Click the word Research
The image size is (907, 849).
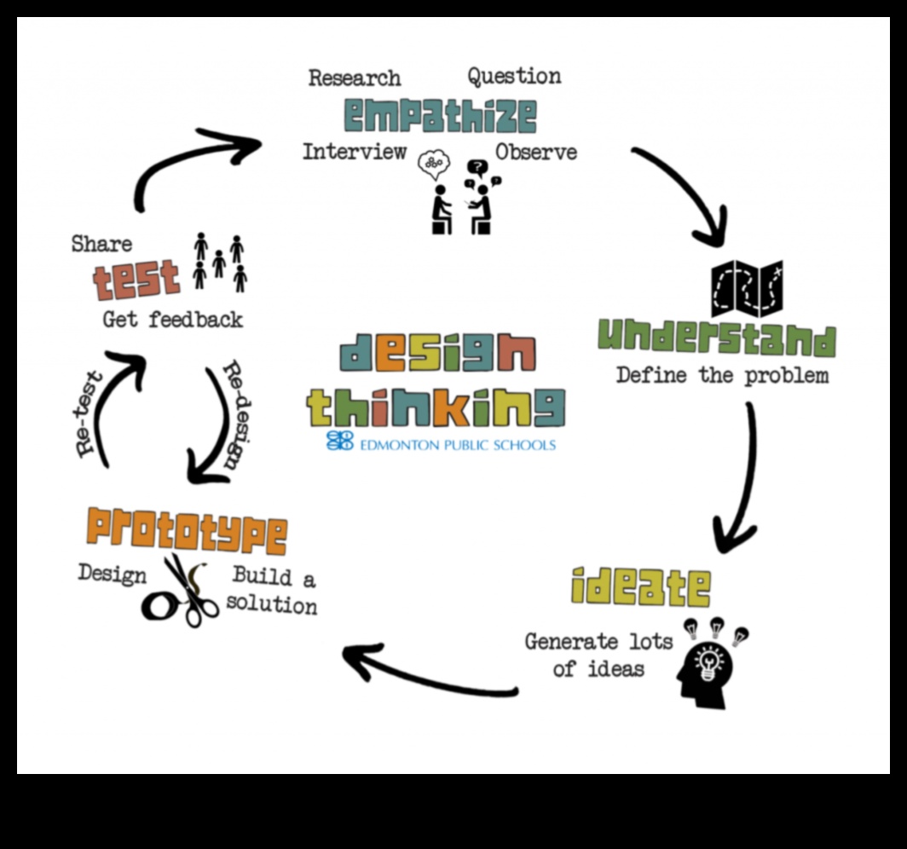click(354, 78)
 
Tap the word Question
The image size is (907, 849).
click(514, 76)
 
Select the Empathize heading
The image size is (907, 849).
click(440, 115)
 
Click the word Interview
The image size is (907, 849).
click(354, 152)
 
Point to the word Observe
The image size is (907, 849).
click(536, 152)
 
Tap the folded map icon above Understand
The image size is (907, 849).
click(747, 288)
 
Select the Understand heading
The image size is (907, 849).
click(716, 338)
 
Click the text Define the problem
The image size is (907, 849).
click(722, 375)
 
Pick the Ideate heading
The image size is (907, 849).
click(641, 586)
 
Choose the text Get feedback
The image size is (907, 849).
click(172, 320)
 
